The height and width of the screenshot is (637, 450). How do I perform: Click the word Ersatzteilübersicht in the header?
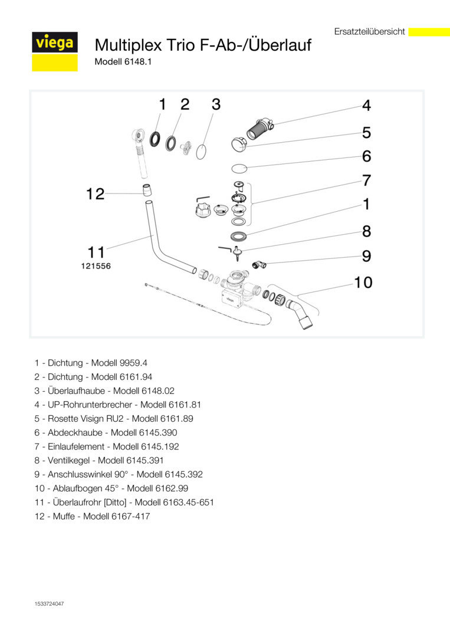coord(369,32)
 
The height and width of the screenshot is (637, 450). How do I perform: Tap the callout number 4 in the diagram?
coord(366,106)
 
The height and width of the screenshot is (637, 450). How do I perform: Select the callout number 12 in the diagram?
coord(96,193)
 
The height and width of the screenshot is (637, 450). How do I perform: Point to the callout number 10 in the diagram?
coord(363,283)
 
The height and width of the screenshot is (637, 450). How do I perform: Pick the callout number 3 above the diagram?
coord(216,104)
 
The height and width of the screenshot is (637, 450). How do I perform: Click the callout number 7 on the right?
coord(366,180)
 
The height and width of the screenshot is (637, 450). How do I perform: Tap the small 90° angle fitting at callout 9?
coord(258,264)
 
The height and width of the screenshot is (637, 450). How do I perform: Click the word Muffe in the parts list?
coord(62,517)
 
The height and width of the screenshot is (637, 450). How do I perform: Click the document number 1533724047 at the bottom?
coord(50,603)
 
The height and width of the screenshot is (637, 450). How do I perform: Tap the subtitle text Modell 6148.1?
coord(123,61)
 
